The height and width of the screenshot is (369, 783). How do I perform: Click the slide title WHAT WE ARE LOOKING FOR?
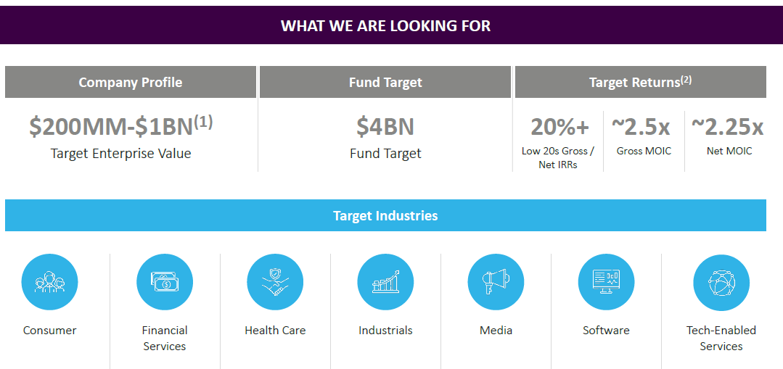click(x=385, y=25)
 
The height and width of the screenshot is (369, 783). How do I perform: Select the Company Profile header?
click(x=131, y=82)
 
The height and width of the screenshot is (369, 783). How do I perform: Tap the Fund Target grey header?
click(x=385, y=82)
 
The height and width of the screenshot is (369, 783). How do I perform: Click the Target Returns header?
click(x=640, y=82)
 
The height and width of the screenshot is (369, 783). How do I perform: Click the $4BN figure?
click(x=385, y=127)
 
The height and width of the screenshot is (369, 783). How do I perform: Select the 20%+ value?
click(x=559, y=127)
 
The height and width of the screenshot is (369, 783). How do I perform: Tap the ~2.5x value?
click(x=641, y=127)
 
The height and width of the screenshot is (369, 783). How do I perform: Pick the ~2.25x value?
click(x=728, y=127)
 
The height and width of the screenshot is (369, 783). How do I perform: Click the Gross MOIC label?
click(x=644, y=151)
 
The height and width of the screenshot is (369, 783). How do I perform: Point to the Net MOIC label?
click(x=729, y=151)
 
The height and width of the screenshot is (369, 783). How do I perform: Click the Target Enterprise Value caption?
click(x=121, y=153)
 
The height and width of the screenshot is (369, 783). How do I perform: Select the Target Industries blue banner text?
click(x=385, y=215)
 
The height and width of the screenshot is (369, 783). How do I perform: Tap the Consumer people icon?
click(x=49, y=282)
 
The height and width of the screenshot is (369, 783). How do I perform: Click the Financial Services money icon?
click(x=165, y=282)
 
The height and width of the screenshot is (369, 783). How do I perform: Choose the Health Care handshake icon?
click(x=275, y=282)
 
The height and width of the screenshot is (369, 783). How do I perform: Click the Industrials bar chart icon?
click(x=385, y=282)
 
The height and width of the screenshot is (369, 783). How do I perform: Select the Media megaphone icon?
click(x=496, y=282)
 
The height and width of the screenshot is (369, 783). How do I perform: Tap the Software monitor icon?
click(x=606, y=282)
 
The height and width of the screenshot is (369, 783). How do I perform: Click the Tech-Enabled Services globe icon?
click(x=721, y=282)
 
